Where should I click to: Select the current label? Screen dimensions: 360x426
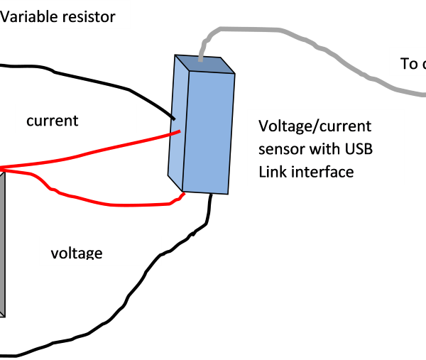[52, 121]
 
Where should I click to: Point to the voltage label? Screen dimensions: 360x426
[77, 253]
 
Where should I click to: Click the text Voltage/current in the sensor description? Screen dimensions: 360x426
[315, 126]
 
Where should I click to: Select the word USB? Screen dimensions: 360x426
[359, 149]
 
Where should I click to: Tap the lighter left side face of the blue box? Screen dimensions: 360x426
[177, 121]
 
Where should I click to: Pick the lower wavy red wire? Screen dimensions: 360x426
[106, 203]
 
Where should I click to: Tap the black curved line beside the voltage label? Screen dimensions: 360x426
[155, 261]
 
